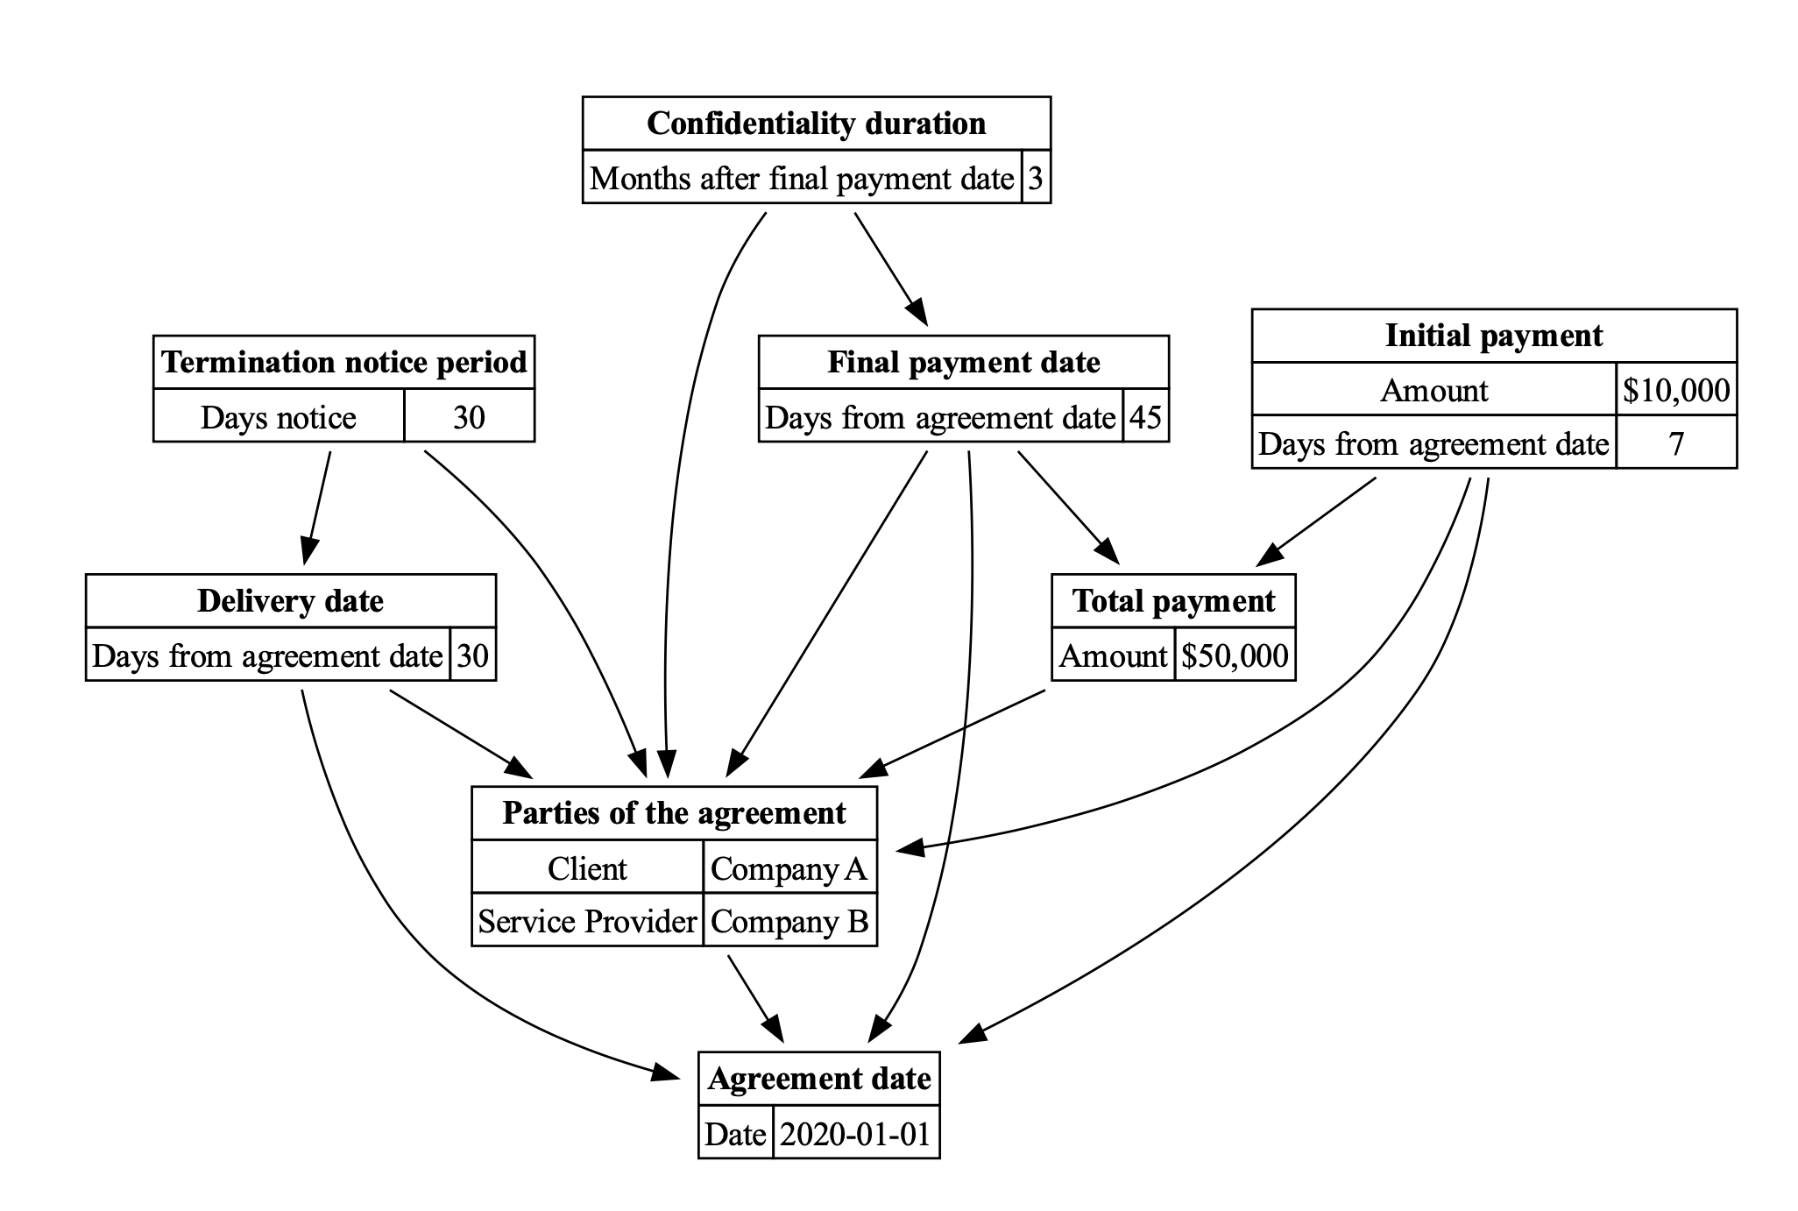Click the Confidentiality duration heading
[816, 124]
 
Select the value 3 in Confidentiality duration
[1036, 178]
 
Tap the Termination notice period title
[343, 362]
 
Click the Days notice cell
[279, 417]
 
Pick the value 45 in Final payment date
[1145, 417]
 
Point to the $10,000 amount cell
[1675, 390]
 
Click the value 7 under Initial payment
[1675, 444]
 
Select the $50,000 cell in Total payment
[1234, 655]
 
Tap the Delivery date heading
[290, 601]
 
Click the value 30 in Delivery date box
[472, 655]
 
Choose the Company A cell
[789, 868]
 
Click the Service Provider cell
[587, 922]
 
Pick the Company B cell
[789, 922]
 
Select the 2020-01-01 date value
[855, 1135]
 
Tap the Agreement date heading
[818, 1079]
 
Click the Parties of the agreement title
[674, 813]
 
